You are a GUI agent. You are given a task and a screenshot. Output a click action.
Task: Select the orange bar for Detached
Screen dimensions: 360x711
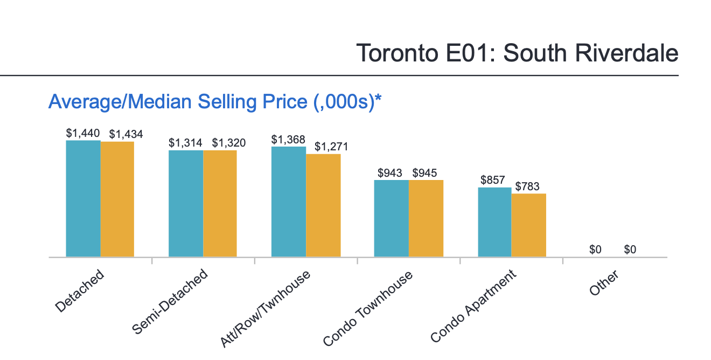[117, 199]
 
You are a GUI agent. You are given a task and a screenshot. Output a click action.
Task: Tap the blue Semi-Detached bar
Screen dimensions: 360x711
[186, 203]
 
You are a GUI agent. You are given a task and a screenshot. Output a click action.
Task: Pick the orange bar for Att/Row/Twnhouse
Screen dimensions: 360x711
[323, 205]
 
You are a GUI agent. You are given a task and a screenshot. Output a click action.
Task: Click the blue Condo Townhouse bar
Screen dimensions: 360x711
[392, 218]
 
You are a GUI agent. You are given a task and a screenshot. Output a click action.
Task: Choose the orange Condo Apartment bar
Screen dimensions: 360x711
[528, 225]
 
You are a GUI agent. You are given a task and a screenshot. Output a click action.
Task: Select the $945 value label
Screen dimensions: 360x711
[425, 173]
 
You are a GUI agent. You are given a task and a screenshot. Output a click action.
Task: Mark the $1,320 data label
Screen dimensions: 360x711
[228, 143]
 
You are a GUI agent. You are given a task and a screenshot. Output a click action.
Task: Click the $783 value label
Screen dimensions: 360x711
[528, 186]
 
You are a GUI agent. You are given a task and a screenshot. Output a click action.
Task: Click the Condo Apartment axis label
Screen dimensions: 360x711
[474, 306]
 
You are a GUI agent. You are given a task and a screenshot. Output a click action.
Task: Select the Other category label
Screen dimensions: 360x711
[604, 283]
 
